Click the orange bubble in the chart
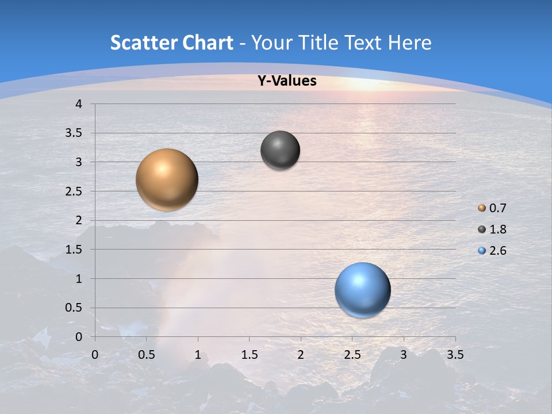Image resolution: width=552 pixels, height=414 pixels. point(167,179)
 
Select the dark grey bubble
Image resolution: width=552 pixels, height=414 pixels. point(280,150)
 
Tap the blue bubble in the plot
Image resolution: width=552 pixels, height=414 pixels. point(363,290)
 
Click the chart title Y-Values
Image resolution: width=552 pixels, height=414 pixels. point(286,81)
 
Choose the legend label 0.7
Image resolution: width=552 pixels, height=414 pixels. point(497,208)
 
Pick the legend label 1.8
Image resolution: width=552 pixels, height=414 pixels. point(497,229)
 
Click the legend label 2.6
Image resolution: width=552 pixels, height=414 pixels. point(497,251)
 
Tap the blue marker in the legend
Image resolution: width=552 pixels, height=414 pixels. point(482,251)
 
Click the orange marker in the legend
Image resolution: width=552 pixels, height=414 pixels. point(482,208)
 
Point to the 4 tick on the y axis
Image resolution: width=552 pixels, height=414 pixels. point(79,104)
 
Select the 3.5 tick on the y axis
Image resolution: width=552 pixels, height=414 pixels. point(74,133)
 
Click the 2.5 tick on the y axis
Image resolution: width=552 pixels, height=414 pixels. point(74,191)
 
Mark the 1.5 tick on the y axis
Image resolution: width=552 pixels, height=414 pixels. point(74,250)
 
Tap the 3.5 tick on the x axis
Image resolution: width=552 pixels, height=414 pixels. point(455,355)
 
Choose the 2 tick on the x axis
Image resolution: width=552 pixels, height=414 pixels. point(301,355)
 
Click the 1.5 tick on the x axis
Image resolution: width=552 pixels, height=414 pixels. point(249,355)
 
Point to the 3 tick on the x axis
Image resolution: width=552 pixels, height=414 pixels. point(404,355)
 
